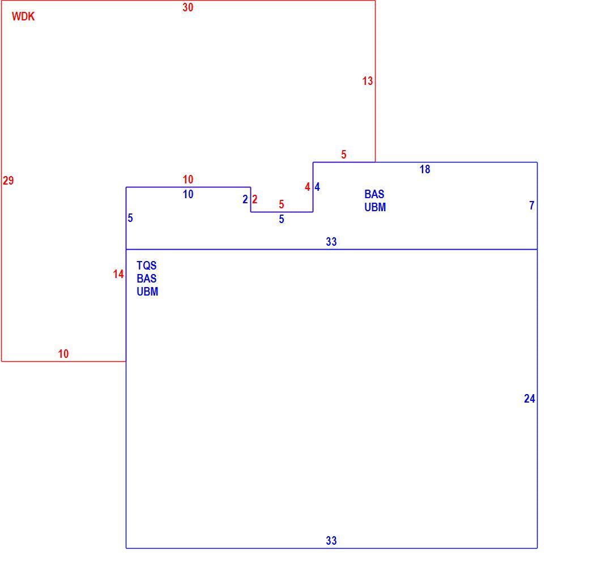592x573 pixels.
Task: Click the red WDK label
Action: coord(23,16)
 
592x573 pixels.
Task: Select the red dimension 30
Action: coord(188,7)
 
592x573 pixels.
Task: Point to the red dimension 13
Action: coord(367,81)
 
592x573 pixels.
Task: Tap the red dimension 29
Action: coord(8,181)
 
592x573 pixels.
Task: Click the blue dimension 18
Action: coord(425,169)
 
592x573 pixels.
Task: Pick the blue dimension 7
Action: coord(531,206)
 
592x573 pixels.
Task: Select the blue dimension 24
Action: coord(529,399)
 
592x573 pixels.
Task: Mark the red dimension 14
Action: coord(118,274)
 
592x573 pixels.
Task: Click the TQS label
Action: coord(147,266)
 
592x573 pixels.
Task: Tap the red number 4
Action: coord(307,187)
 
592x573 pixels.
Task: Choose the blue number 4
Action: coord(317,187)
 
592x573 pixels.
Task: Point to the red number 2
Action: coord(254,199)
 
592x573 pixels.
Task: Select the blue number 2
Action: coord(245,199)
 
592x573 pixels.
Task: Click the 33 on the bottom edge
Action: coord(331,541)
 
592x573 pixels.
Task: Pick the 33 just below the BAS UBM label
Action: coord(331,242)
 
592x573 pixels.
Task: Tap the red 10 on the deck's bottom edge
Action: coord(63,354)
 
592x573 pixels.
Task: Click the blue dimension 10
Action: coord(188,194)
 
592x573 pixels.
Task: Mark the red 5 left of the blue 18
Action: coord(343,155)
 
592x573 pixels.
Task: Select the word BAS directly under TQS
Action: coord(147,279)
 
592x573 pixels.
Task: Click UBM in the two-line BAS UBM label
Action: coord(375,207)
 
